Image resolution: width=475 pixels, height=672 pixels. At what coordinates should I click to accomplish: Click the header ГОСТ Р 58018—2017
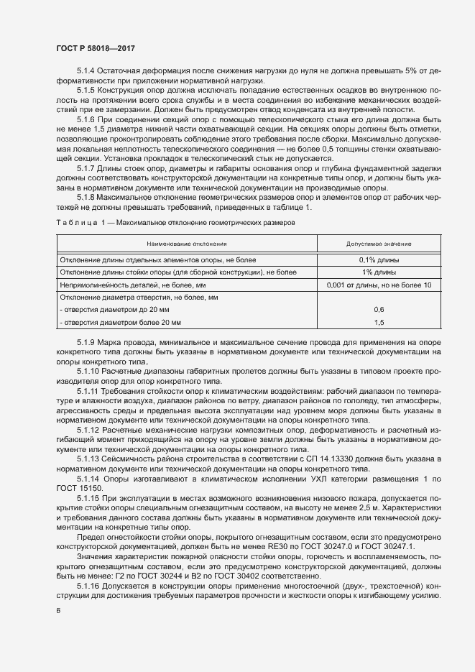[96, 47]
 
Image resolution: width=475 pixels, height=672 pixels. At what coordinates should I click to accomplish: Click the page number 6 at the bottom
[58, 611]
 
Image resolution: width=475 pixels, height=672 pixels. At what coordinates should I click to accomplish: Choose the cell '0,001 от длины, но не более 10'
[379, 285]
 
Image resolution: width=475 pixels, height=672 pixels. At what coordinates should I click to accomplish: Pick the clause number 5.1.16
[89, 586]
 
